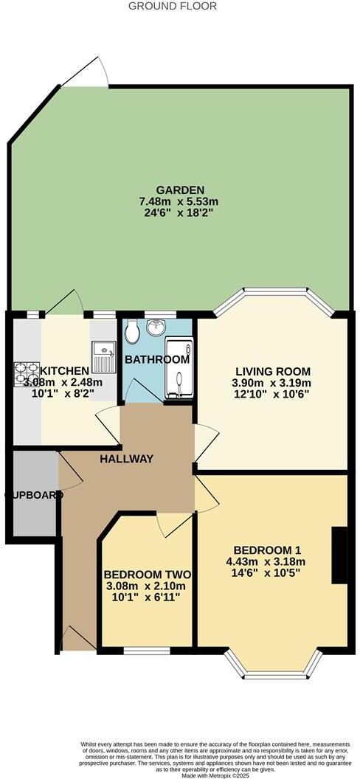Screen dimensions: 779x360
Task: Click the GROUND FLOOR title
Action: click(x=173, y=6)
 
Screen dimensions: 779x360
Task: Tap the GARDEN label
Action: click(x=180, y=190)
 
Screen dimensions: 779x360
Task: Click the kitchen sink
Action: click(x=103, y=356)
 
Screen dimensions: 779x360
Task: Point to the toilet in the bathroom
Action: click(x=132, y=333)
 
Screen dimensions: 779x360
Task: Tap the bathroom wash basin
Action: click(x=156, y=326)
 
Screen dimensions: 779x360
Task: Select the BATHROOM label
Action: click(x=156, y=360)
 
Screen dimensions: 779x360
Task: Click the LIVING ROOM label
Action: click(x=273, y=371)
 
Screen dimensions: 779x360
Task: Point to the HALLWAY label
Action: click(x=128, y=459)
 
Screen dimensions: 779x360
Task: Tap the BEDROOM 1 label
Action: click(x=269, y=550)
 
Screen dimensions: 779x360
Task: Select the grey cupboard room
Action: click(x=34, y=494)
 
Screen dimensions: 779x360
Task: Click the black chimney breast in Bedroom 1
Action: click(x=339, y=555)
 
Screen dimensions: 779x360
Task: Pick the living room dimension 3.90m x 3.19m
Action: click(x=273, y=383)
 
